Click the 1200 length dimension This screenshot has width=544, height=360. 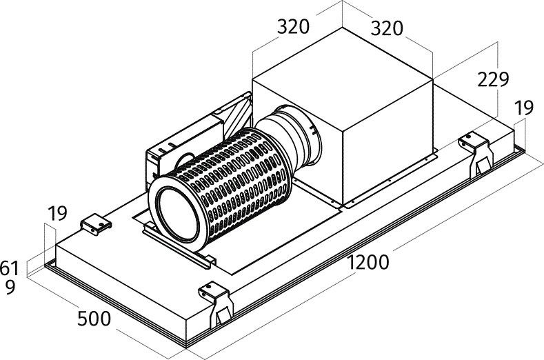click(x=367, y=262)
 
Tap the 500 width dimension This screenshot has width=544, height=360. click(x=94, y=319)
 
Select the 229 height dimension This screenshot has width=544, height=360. click(x=493, y=79)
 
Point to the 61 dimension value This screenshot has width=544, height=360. click(x=10, y=268)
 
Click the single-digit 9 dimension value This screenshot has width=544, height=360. click(x=10, y=287)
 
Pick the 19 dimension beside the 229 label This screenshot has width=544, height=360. click(x=523, y=108)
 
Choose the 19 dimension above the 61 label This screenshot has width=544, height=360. click(x=57, y=213)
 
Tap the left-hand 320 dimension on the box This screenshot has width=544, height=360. click(x=293, y=27)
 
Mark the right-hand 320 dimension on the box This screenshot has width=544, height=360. click(x=387, y=28)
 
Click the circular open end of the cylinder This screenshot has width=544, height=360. click(x=177, y=214)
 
